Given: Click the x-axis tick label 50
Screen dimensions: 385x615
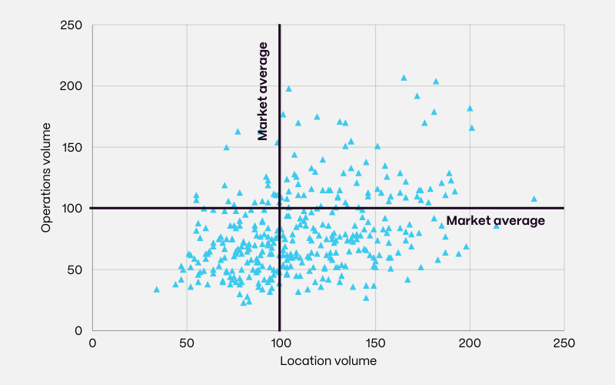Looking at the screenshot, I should pos(186,343).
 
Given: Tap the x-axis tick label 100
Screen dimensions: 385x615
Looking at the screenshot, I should pos(280,343).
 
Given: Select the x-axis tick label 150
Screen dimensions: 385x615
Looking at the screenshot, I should pos(374,343).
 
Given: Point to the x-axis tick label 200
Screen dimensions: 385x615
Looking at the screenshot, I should pos(469,343).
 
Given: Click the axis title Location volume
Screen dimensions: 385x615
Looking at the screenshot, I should pos(328,360).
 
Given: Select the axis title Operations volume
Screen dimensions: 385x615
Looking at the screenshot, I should pos(47,177).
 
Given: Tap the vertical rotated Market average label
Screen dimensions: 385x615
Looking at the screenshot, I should pos(264,92).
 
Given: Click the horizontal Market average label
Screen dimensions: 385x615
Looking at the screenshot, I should pos(496,221).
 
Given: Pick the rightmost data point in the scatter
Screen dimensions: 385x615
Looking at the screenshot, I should pos(534,199).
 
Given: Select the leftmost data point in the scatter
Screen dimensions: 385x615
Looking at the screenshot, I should pos(157,290).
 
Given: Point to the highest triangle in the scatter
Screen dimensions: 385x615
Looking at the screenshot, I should pos(404,78).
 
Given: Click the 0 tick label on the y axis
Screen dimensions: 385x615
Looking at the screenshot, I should pos(80,330).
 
